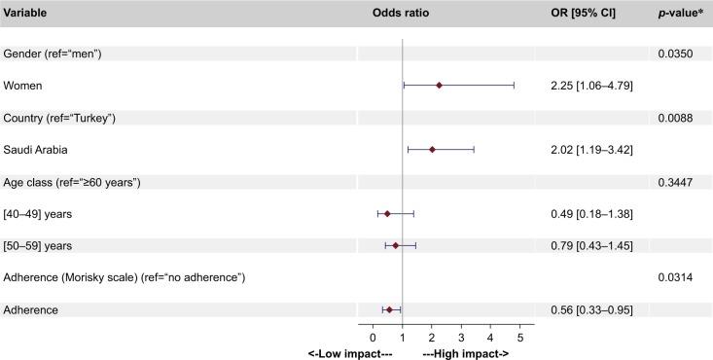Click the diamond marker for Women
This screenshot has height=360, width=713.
pyautogui.click(x=439, y=86)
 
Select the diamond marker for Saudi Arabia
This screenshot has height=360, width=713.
pyautogui.click(x=432, y=150)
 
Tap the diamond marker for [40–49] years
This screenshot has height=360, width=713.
pyautogui.click(x=387, y=213)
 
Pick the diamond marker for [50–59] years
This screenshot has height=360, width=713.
pyautogui.click(x=396, y=245)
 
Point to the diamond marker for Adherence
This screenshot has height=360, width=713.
pyautogui.click(x=389, y=309)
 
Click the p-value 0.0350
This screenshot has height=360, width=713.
pyautogui.click(x=677, y=54)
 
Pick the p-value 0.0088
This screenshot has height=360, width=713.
pyautogui.click(x=677, y=118)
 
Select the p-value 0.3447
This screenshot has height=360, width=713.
pyautogui.click(x=677, y=182)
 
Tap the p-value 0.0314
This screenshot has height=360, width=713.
pyautogui.click(x=677, y=278)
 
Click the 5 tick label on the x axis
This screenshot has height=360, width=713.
pyautogui.click(x=519, y=337)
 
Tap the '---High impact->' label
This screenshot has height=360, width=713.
pyautogui.click(x=466, y=353)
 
